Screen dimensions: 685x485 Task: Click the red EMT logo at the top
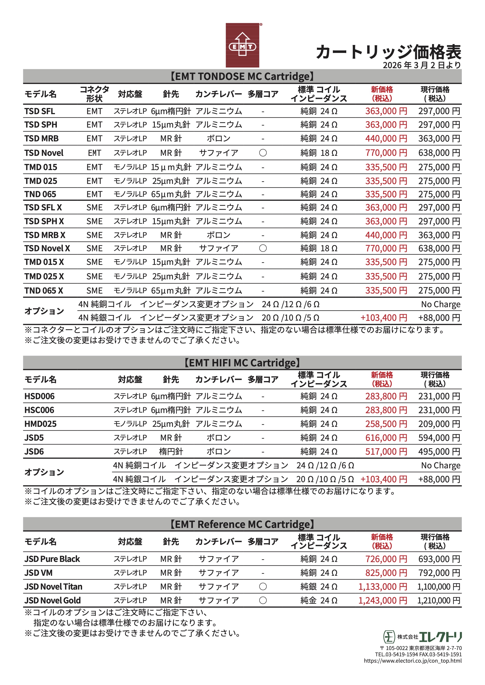click(242, 45)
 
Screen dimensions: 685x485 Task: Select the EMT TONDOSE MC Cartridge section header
click(242, 76)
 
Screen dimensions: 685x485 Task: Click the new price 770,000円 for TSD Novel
click(386, 153)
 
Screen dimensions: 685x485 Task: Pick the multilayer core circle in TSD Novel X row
click(263, 248)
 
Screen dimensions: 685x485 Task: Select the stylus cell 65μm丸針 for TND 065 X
click(171, 291)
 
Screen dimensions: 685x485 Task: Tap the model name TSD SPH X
click(44, 221)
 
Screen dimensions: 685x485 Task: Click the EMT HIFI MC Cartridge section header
click(242, 363)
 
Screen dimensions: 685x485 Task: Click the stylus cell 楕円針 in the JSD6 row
click(171, 452)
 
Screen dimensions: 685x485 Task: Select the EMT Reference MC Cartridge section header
click(242, 524)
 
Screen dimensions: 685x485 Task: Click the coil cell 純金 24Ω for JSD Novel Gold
click(319, 601)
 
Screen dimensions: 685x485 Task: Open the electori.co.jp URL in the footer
click(412, 661)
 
